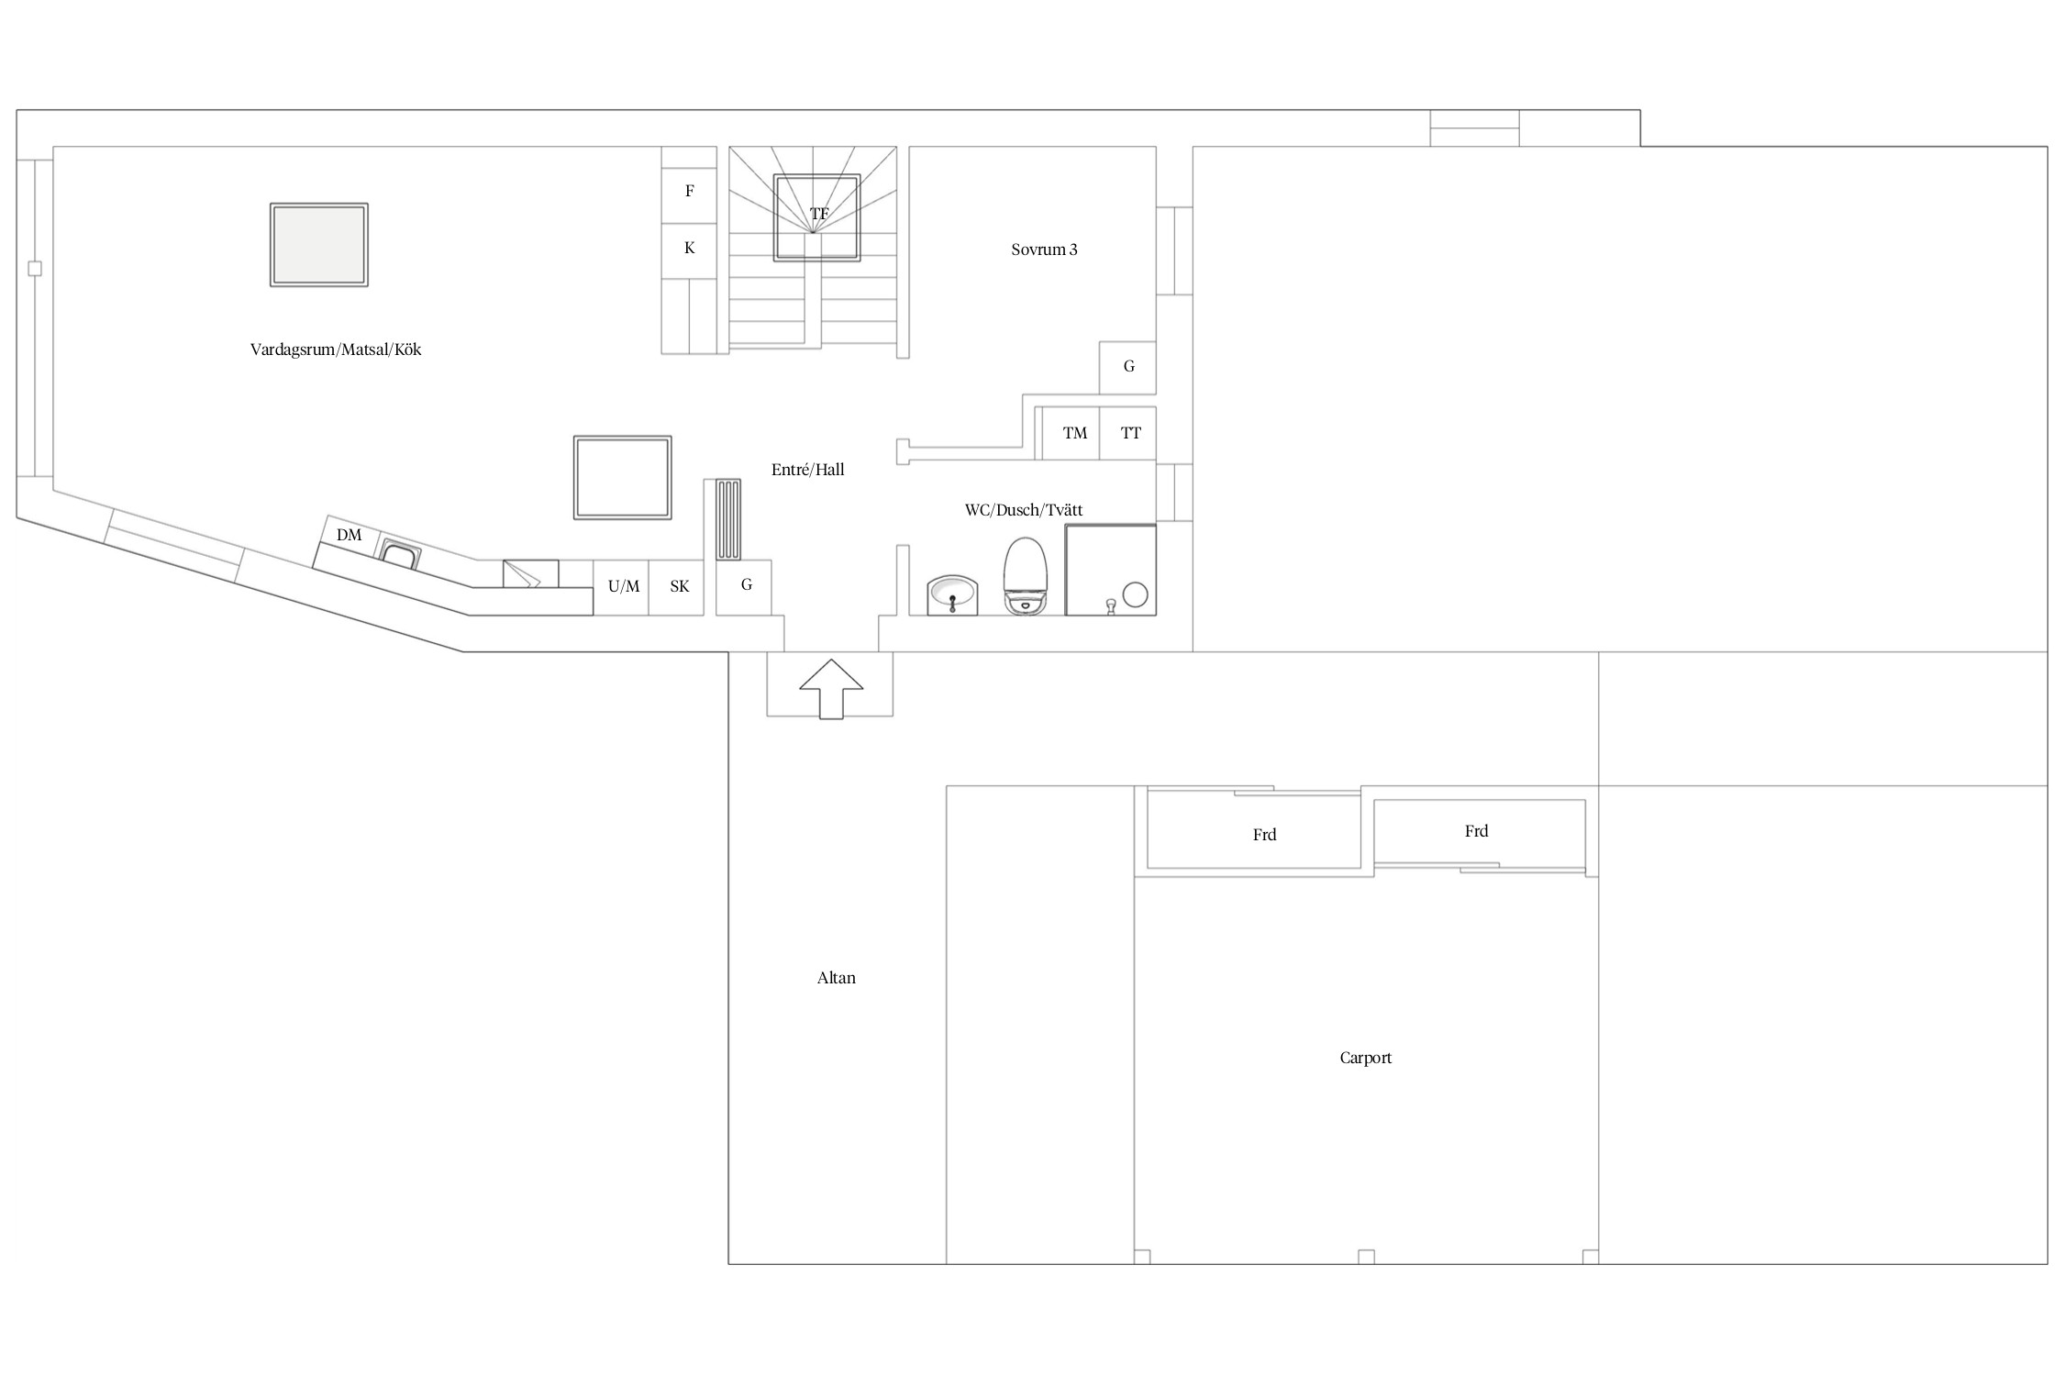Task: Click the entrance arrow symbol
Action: coord(831,689)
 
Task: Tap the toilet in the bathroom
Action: coord(1026,576)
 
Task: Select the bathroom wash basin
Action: coord(952,595)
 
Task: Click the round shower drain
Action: coord(1136,594)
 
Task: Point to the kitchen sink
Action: coord(400,554)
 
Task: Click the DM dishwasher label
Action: coord(349,535)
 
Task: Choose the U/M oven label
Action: coord(624,586)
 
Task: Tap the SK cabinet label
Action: coord(680,586)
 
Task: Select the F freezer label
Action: coord(690,191)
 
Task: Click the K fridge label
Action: coord(690,248)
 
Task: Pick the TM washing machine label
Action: coord(1075,433)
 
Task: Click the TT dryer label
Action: coord(1131,433)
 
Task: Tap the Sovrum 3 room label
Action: coord(1044,250)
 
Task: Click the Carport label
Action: coord(1366,1058)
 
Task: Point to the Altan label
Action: coord(837,978)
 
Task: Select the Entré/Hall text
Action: coord(808,470)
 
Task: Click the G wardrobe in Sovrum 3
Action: coord(1128,367)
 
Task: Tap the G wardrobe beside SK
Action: coord(744,587)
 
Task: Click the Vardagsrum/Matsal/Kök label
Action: coord(336,350)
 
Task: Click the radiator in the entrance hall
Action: coord(728,519)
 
